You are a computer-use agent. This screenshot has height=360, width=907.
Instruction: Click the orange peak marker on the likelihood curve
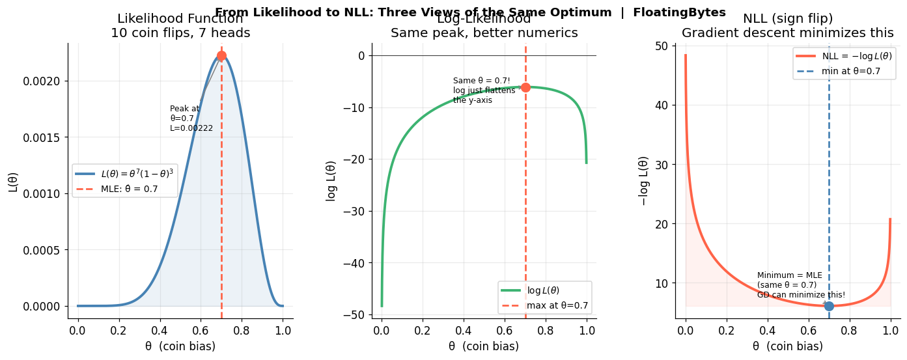pyautogui.click(x=221, y=56)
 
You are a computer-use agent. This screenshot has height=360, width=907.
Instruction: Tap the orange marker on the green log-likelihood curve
pyautogui.click(x=525, y=87)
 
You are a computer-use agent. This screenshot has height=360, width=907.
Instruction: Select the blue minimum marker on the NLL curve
pyautogui.click(x=829, y=306)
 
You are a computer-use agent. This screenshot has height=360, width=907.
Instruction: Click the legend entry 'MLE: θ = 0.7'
pyautogui.click(x=130, y=189)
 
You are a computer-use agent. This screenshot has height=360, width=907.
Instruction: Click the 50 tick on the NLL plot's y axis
pyautogui.click(x=661, y=46)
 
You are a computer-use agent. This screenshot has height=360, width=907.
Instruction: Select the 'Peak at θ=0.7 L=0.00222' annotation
pyautogui.click(x=191, y=118)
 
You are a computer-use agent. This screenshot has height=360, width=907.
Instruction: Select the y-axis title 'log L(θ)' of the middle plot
pyautogui.click(x=331, y=180)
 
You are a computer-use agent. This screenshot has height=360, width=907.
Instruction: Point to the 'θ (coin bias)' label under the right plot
pyautogui.click(x=787, y=346)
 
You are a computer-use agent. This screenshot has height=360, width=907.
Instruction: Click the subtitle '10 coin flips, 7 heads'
pyautogui.click(x=180, y=33)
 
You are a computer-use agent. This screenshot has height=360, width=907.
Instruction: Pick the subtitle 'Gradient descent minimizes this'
pyautogui.click(x=788, y=33)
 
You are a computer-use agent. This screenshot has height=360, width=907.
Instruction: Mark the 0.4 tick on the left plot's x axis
pyautogui.click(x=160, y=329)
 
